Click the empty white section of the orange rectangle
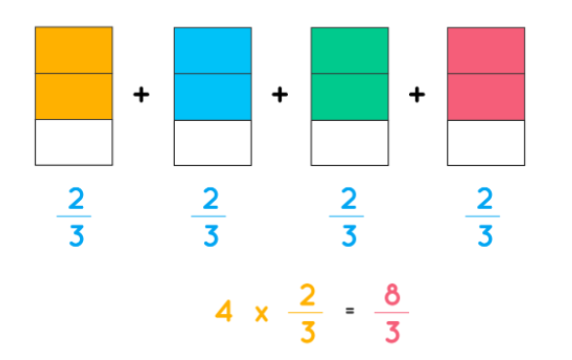coord(73,142)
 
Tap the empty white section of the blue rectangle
coord(213,142)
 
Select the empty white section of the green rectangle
coord(349,142)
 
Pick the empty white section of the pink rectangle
coord(486,142)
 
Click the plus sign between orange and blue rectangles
coord(143,95)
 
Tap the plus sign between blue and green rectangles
coord(281,95)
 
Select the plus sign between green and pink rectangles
coord(418,95)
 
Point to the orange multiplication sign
coord(261,314)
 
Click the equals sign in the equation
coord(348,313)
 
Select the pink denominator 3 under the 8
coord(391,332)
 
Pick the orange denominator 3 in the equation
coord(306,332)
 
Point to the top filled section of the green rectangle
coord(349,50)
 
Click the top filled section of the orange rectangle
coord(73,50)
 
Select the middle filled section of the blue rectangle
coord(213,96)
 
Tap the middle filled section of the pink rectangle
coord(486,96)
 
